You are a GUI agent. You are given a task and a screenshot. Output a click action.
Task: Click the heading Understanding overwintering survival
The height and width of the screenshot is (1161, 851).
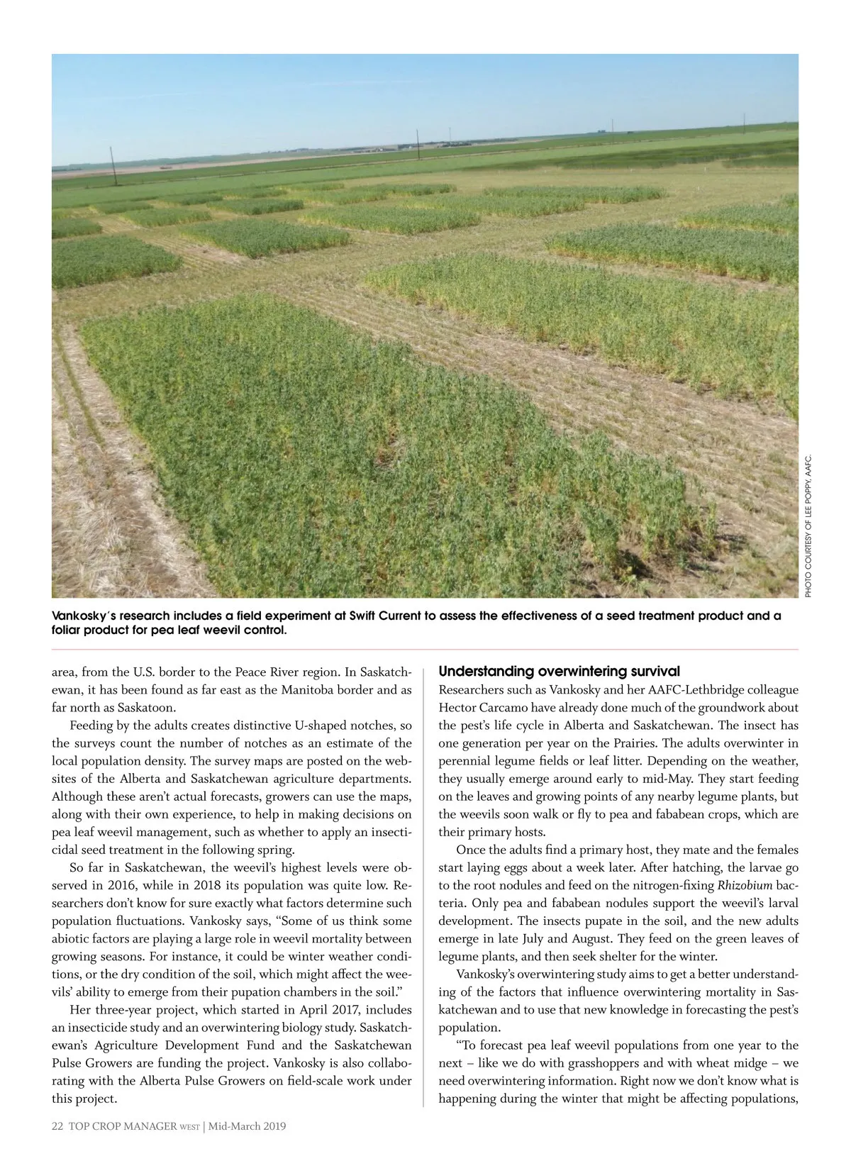tap(559, 671)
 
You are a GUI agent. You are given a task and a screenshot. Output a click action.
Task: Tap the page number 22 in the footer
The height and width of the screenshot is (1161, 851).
tap(57, 1126)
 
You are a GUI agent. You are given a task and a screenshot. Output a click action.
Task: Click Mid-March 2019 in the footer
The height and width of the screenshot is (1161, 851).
tap(247, 1126)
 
